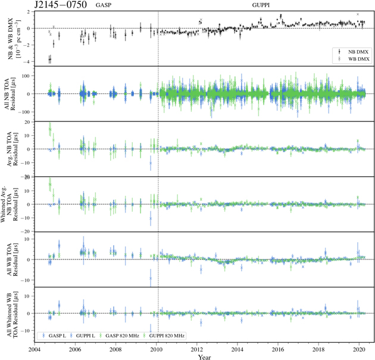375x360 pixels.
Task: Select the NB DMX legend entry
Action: coord(348,52)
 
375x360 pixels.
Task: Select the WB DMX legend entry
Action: coord(348,59)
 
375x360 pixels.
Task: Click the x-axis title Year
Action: coord(204,357)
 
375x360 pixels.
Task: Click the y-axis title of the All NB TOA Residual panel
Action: coord(12,93)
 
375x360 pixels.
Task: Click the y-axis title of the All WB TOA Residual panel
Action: coord(12,259)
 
